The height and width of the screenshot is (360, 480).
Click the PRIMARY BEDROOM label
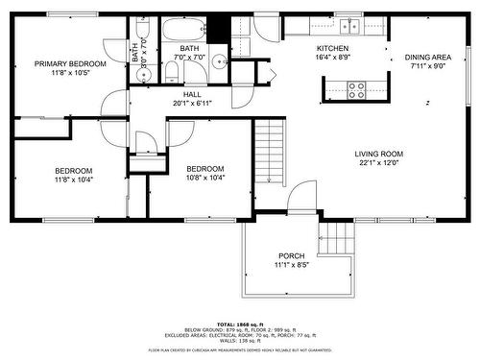point(70,63)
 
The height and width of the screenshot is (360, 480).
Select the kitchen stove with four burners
point(356,89)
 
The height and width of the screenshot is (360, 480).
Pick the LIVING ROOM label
point(379,154)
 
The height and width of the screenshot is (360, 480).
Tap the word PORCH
point(291,255)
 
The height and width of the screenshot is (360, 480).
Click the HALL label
point(191,94)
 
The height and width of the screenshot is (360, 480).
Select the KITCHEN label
point(333,48)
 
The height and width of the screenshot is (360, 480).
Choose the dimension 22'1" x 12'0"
point(378,163)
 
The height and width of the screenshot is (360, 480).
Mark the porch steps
point(337,236)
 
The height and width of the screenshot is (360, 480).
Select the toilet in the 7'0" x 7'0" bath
point(172,72)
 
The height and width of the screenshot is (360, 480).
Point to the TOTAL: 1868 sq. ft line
point(239,326)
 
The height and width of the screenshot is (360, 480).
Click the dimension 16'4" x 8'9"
point(333,58)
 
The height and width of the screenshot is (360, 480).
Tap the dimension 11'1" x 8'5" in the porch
point(291,265)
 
